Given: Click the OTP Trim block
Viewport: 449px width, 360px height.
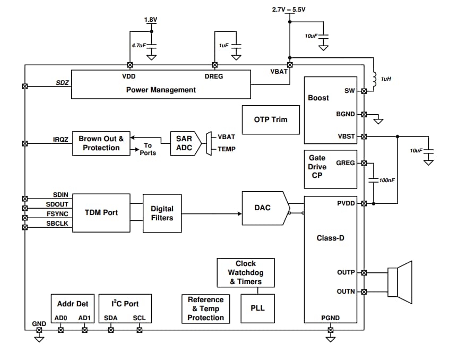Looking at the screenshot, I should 271,119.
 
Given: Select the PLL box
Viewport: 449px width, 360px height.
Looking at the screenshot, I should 257,308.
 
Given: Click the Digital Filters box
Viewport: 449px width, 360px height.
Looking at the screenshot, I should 162,213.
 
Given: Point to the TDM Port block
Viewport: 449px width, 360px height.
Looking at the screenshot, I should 101,212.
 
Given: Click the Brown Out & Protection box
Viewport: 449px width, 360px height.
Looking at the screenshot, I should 101,143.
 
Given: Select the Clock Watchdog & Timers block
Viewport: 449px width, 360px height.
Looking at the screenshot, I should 246,272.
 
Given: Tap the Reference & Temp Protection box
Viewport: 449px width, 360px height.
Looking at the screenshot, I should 205,308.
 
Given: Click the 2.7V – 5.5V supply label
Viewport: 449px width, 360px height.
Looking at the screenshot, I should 289,10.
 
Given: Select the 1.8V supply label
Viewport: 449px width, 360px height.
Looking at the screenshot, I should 151,20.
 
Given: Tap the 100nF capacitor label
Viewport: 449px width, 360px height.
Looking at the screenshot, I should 387,181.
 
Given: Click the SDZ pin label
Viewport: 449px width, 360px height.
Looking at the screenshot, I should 62,83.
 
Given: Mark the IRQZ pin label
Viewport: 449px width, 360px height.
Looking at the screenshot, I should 61,139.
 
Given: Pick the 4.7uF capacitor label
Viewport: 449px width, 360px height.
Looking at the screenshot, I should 139,46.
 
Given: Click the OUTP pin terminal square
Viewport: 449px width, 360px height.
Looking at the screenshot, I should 364,272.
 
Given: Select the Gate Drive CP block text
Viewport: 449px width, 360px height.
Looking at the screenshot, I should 317,167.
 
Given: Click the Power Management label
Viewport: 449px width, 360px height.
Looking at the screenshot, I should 160,90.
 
